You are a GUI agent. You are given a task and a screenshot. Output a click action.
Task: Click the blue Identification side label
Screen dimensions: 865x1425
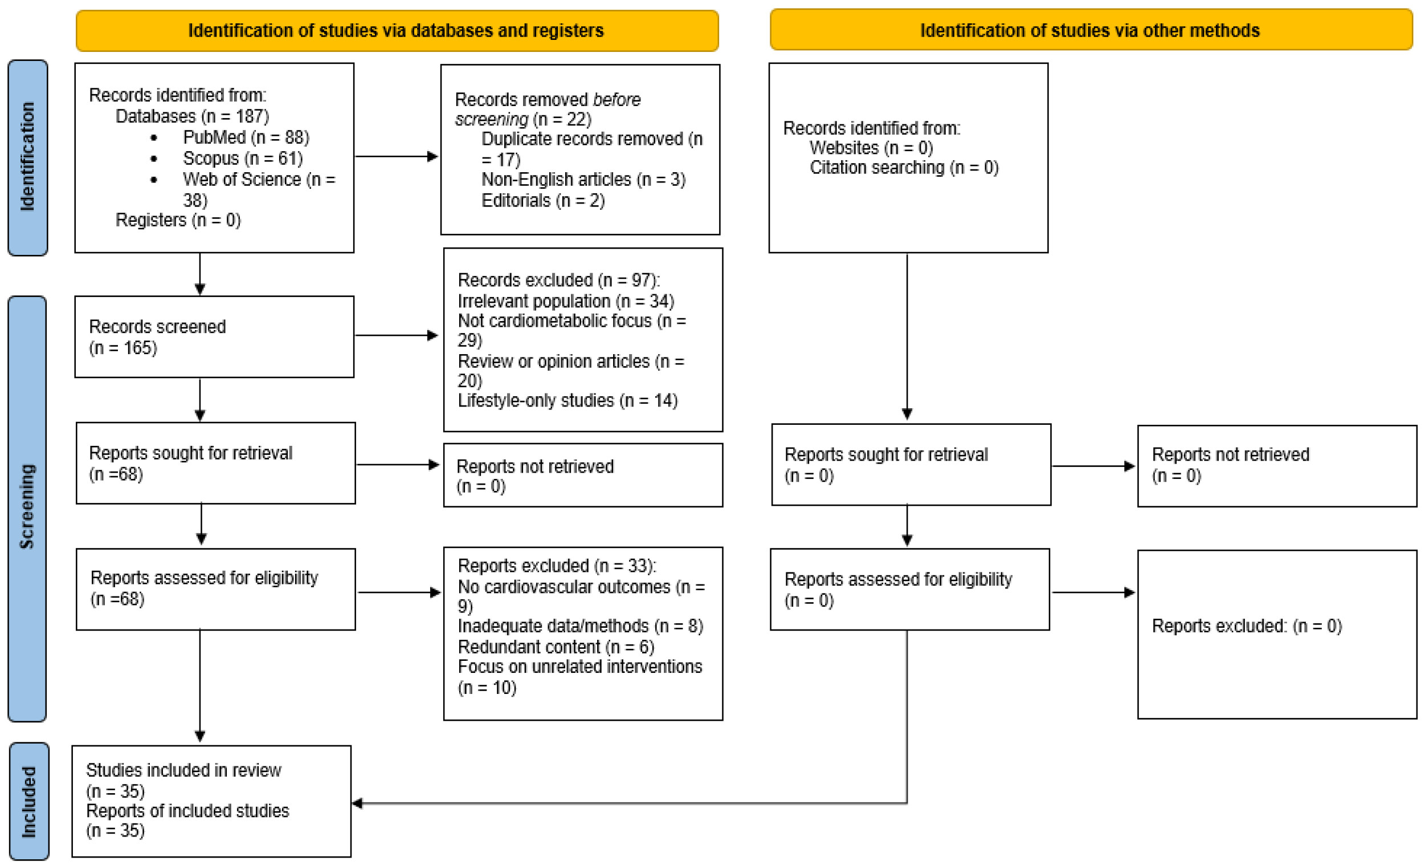tap(28, 157)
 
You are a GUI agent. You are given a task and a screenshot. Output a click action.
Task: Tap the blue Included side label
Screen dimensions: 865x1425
tap(29, 801)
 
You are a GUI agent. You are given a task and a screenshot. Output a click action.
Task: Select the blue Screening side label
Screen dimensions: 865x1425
tap(27, 508)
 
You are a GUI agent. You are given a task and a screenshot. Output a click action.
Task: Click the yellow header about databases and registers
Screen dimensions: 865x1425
tap(397, 31)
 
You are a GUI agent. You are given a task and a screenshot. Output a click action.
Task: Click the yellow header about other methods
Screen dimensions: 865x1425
tap(1090, 30)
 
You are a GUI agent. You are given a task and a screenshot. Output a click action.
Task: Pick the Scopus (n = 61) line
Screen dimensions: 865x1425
tap(242, 159)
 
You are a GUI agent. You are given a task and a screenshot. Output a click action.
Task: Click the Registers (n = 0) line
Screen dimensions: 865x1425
tap(178, 221)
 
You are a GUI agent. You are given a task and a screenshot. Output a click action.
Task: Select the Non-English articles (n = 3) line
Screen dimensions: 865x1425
tap(583, 180)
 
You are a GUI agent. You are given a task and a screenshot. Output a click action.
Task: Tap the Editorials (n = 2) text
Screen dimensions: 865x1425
tap(543, 201)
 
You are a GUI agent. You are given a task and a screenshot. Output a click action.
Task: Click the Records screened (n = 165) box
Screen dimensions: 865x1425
tap(214, 337)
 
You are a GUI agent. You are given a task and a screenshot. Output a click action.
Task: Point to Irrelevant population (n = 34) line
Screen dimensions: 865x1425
tap(566, 302)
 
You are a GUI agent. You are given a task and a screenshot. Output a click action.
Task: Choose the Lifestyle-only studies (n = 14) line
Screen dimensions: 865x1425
tap(567, 400)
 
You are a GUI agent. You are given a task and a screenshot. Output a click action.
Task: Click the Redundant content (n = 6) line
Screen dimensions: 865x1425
tap(556, 647)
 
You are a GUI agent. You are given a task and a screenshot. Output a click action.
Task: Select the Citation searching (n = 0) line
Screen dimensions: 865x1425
tap(903, 168)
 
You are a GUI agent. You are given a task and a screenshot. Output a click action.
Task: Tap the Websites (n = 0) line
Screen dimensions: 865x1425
tap(871, 148)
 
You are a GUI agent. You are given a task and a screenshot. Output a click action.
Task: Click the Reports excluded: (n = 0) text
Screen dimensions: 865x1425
tap(1246, 626)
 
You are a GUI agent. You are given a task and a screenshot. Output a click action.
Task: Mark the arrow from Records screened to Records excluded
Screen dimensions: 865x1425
tap(397, 336)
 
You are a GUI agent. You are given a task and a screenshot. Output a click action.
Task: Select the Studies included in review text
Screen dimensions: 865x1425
tap(183, 771)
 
